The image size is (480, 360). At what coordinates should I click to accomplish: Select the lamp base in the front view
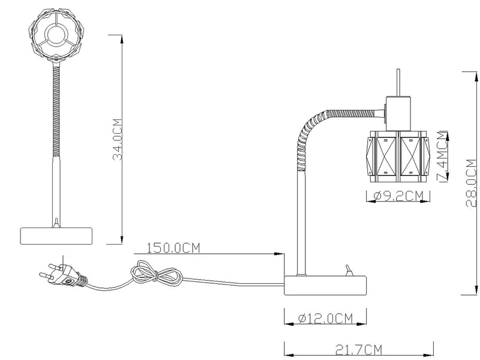coord(57,235)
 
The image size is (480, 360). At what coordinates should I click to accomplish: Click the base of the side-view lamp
coord(324,284)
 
